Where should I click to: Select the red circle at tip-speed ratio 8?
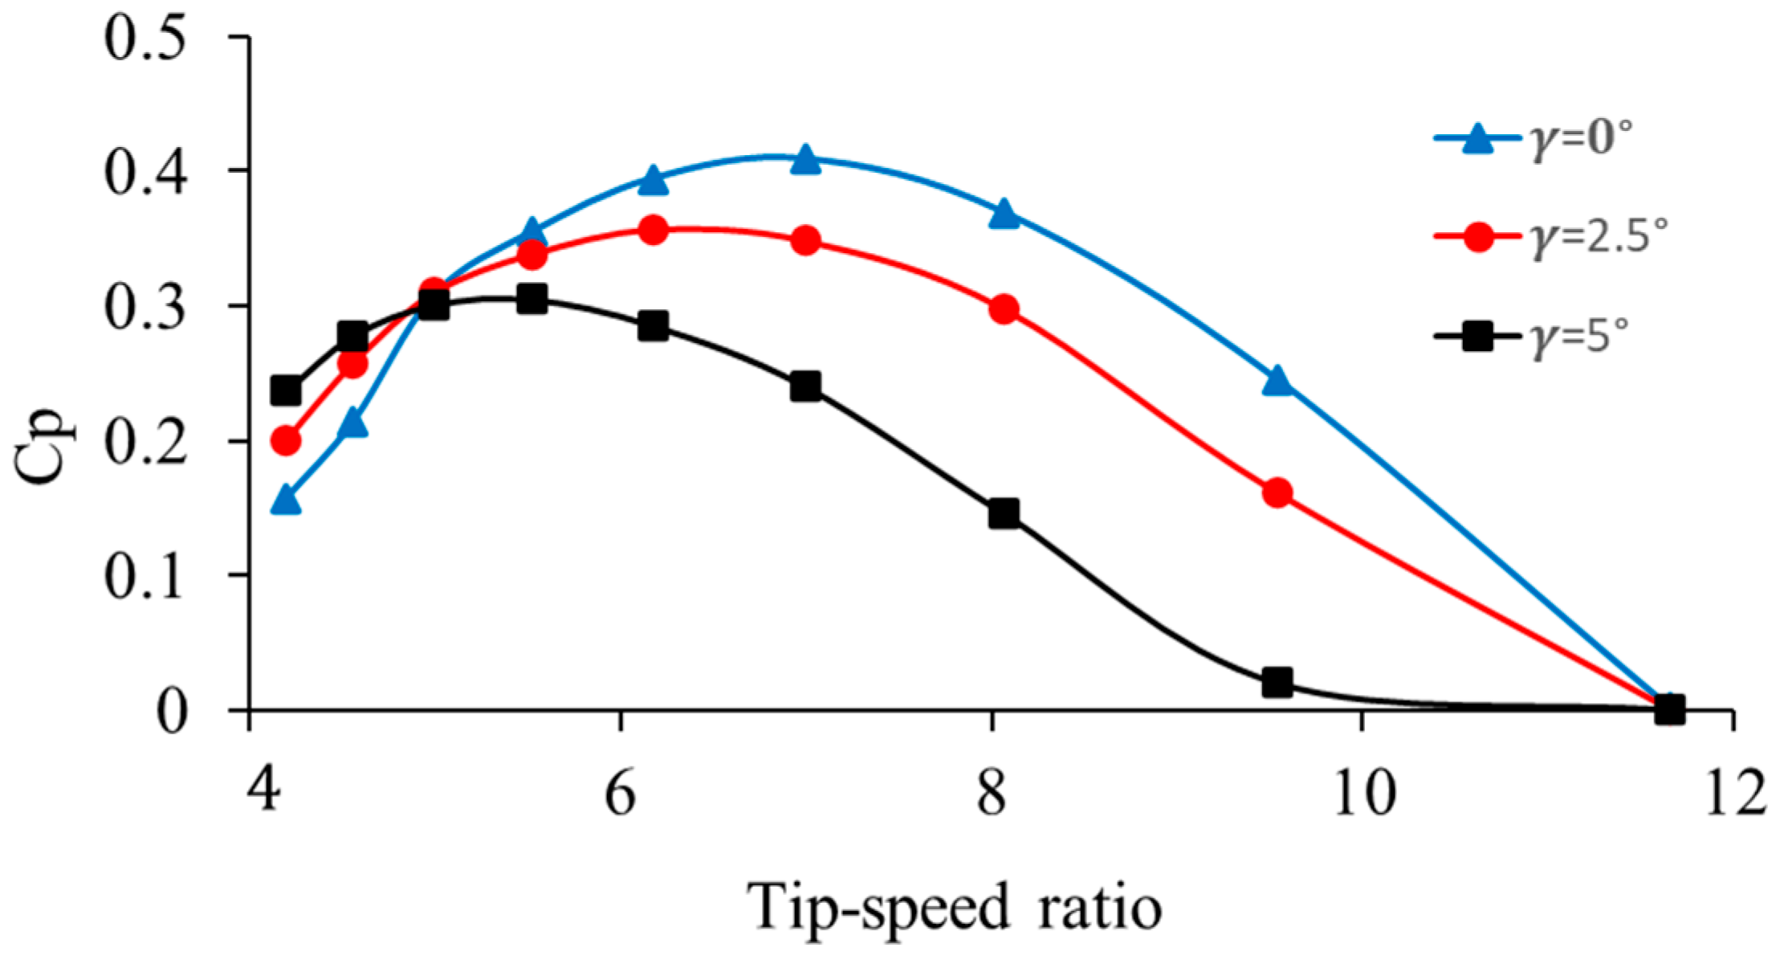pyautogui.click(x=1004, y=309)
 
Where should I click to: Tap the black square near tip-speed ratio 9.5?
pyautogui.click(x=1277, y=683)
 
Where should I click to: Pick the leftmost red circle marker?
pyautogui.click(x=286, y=440)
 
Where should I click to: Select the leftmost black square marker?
pyautogui.click(x=286, y=391)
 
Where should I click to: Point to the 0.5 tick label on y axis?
pyautogui.click(x=145, y=38)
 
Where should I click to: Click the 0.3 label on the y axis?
pyautogui.click(x=145, y=308)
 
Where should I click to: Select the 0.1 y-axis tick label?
pyautogui.click(x=145, y=577)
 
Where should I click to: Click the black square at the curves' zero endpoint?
pyautogui.click(x=1669, y=709)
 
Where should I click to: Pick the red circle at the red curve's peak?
pyautogui.click(x=654, y=231)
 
